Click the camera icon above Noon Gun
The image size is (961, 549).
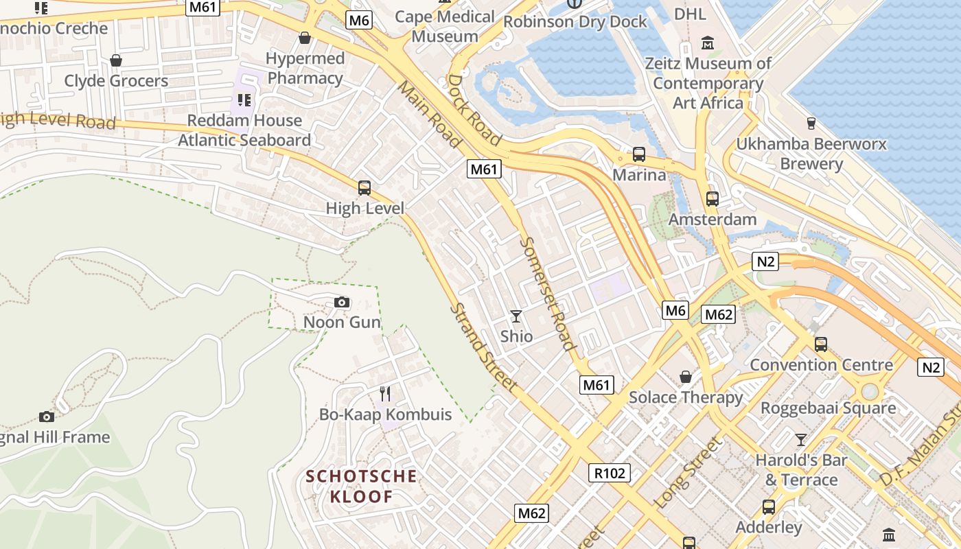pos(341,302)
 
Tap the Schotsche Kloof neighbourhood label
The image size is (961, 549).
pos(361,486)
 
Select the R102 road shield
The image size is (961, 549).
pos(609,472)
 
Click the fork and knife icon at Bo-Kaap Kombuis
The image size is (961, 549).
pos(385,394)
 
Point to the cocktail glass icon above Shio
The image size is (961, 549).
pos(516,316)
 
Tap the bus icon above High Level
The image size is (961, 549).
pos(364,187)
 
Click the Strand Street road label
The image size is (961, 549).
pos(483,348)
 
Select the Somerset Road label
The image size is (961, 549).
pos(547,294)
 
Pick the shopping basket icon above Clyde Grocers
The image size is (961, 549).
pos(116,60)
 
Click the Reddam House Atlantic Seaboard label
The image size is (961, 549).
pos(244,130)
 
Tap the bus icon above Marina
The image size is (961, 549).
pos(639,154)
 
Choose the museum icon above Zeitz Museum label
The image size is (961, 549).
pos(708,44)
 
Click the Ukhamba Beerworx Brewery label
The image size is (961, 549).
pos(811,154)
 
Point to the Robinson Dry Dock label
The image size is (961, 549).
pos(575,22)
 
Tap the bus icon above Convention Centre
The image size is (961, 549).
pos(820,344)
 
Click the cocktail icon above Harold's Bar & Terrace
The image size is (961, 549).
pos(800,439)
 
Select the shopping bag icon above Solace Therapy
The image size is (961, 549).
pos(686,377)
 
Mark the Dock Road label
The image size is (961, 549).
pos(474,110)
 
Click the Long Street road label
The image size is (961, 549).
pos(688,474)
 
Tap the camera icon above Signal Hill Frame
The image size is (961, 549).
pos(46,417)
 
